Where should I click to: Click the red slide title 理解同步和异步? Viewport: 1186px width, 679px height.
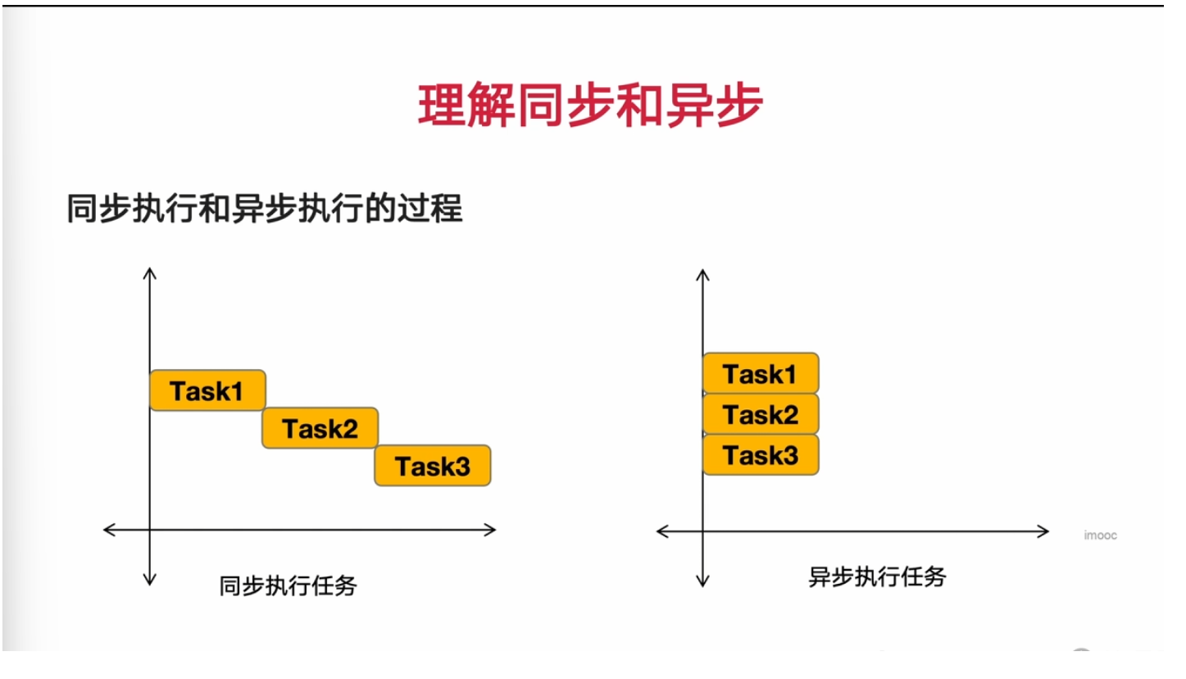(590, 106)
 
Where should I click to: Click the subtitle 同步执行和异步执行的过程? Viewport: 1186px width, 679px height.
(265, 209)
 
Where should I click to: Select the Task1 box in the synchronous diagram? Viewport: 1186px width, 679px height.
(207, 390)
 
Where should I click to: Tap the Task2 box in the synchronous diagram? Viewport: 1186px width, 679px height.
(320, 428)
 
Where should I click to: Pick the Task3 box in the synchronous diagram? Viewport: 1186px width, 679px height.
(433, 466)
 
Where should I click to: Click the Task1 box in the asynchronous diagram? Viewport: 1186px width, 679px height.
(761, 374)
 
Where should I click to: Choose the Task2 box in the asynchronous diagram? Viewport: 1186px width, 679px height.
(761, 414)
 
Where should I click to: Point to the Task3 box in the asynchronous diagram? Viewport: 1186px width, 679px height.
(761, 454)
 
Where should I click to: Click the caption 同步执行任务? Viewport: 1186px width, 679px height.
(288, 586)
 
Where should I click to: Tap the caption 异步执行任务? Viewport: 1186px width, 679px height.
(877, 576)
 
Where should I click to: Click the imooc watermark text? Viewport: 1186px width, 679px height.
(1100, 535)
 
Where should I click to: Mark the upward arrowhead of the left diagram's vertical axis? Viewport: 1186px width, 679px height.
(149, 271)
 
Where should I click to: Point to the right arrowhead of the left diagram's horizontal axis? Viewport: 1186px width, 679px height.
(492, 530)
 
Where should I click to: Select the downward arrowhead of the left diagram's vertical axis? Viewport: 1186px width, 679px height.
(149, 581)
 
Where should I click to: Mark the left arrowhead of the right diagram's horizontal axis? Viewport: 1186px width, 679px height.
(661, 531)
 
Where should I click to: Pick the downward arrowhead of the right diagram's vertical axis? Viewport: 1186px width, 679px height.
(702, 583)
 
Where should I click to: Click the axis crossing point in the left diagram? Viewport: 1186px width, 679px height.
(149, 530)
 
